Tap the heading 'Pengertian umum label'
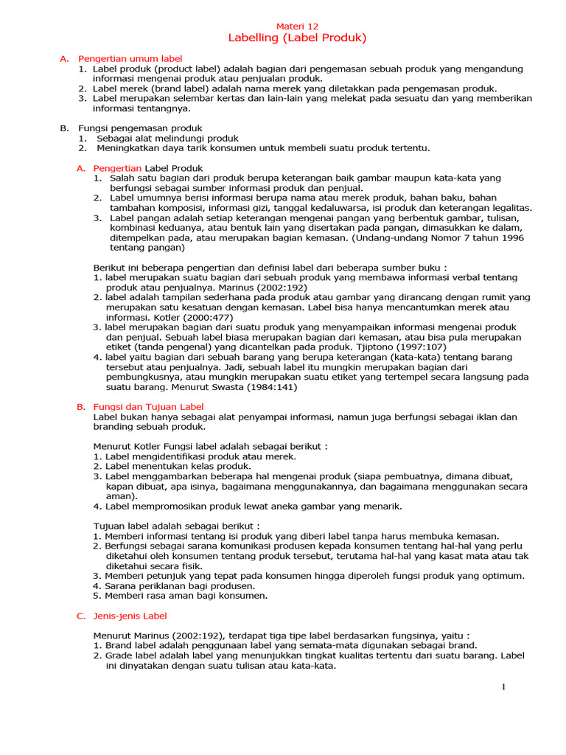130,58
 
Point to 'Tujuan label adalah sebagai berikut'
176,526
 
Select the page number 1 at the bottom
504,688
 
